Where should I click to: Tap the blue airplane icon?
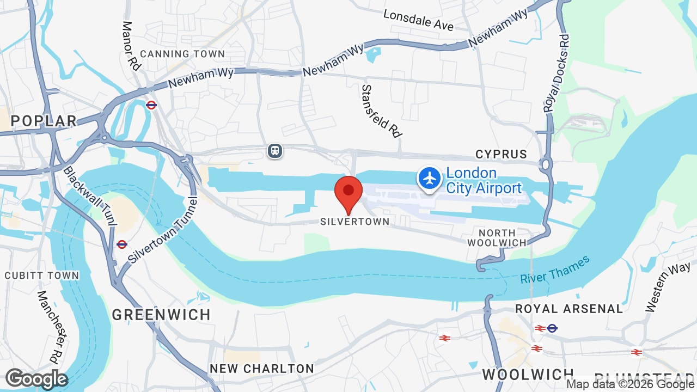[x=430, y=179]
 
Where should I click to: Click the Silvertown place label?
[x=354, y=222]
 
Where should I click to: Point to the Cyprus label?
[x=501, y=155]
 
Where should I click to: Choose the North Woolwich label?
[x=497, y=238]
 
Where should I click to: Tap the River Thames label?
[x=554, y=270]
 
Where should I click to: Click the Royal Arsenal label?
[x=569, y=309]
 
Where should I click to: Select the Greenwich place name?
[x=161, y=315]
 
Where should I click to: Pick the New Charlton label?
[x=262, y=369]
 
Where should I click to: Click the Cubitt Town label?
[x=42, y=275]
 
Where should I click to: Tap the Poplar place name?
[x=44, y=121]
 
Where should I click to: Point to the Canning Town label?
[x=182, y=54]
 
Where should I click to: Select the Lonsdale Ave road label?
[x=418, y=20]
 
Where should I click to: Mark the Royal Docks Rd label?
[x=557, y=73]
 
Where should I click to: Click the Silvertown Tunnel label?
[x=161, y=229]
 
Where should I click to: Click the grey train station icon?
[x=275, y=150]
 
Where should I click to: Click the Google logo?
[x=36, y=379]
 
